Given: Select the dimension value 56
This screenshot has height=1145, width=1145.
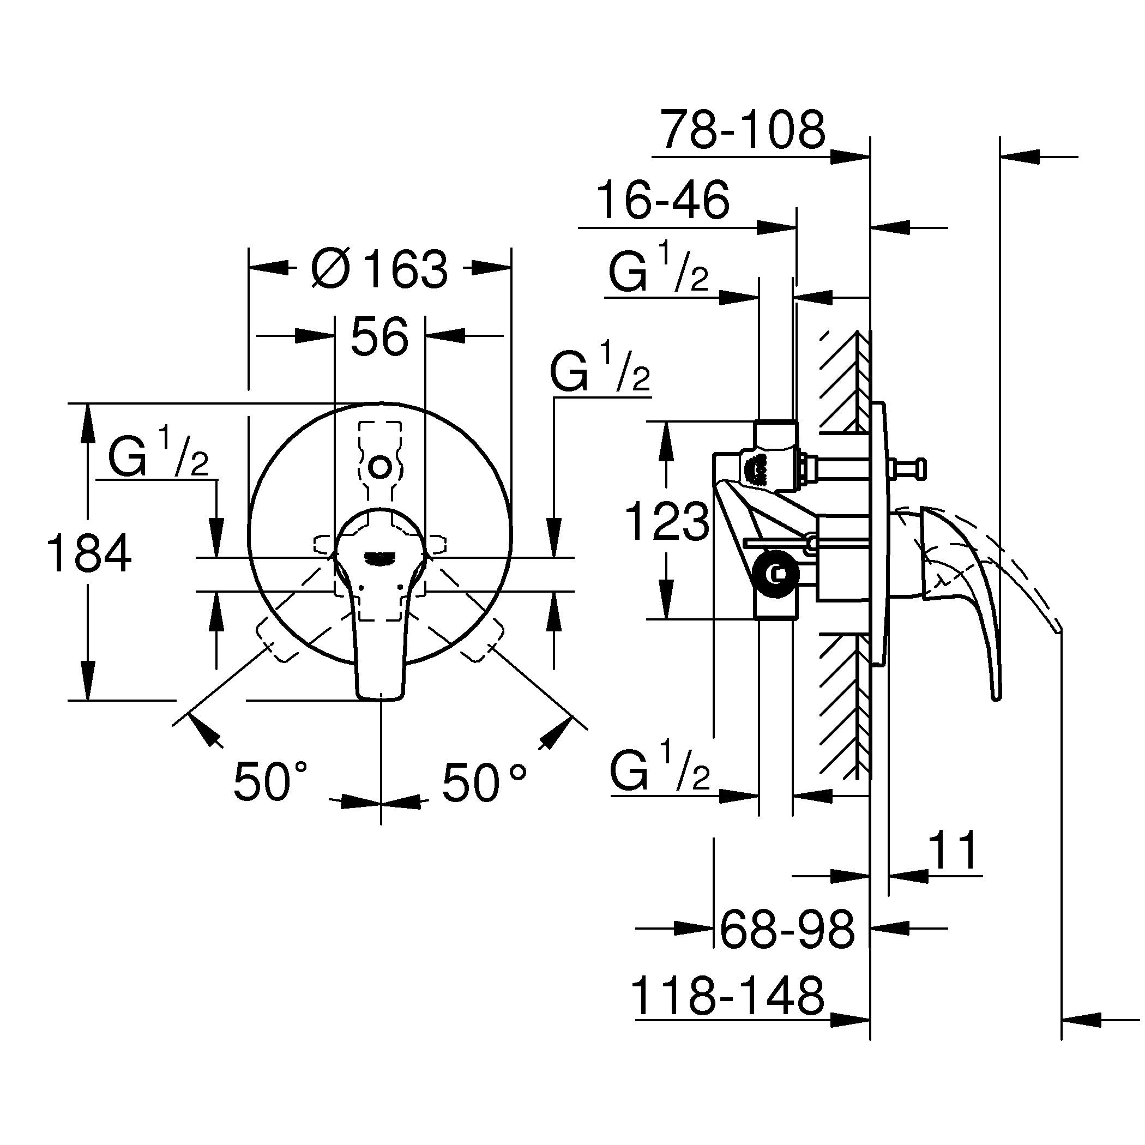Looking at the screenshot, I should point(379,336).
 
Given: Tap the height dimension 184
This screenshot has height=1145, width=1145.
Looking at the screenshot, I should point(89,553).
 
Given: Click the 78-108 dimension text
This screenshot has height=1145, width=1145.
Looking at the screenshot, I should point(743,130).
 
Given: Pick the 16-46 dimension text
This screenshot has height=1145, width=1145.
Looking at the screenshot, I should point(662,200).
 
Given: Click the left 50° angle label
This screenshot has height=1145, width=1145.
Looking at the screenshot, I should point(270,782).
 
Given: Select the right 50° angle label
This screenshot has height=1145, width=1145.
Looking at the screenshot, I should point(484,782).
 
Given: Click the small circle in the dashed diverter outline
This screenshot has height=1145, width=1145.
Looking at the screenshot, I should point(380,468).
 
